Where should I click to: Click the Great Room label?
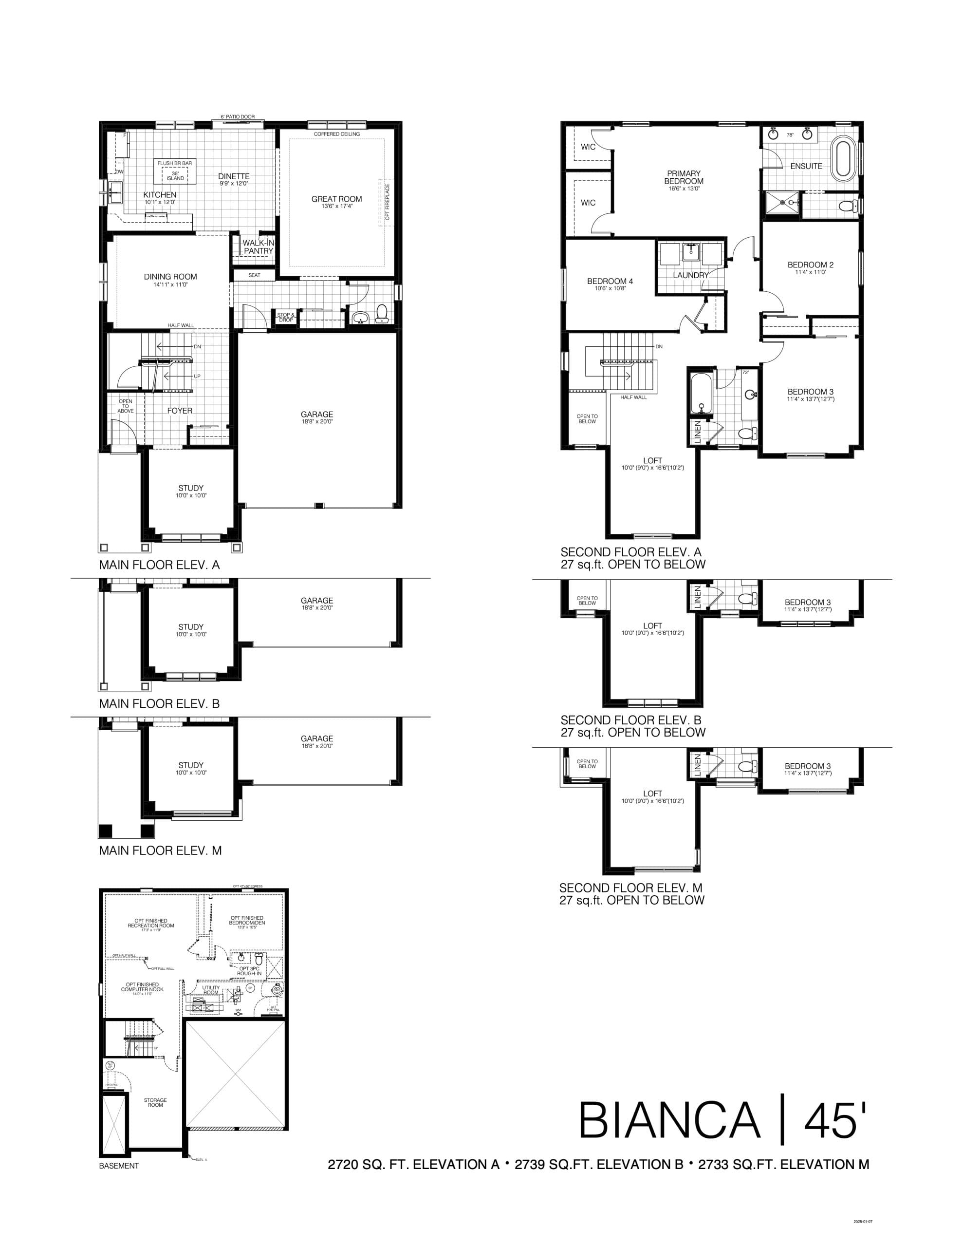tap(336, 199)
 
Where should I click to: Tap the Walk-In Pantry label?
tap(258, 246)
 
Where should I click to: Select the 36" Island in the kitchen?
tap(175, 176)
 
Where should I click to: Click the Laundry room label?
tap(690, 275)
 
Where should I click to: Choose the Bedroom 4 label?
tap(610, 281)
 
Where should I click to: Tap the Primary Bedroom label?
tap(683, 177)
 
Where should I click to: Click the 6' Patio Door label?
tap(238, 117)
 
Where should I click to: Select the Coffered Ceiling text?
tap(337, 134)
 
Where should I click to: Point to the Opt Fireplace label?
tap(387, 202)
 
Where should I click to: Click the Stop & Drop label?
tap(285, 318)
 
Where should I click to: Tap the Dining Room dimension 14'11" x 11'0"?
tap(170, 284)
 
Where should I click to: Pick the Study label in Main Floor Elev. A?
tap(191, 488)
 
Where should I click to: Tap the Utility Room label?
tap(211, 990)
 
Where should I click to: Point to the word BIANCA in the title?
tap(669, 1120)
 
